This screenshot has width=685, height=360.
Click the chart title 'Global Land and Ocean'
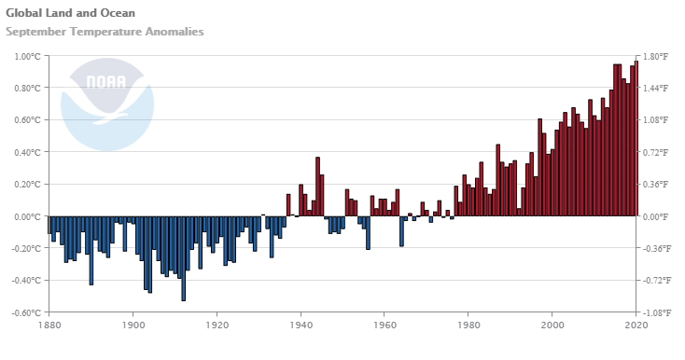tap(70, 13)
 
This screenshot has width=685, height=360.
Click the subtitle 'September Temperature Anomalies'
tap(105, 32)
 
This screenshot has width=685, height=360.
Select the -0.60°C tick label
tap(26, 312)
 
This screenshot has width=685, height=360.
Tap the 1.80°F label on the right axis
tap(655, 56)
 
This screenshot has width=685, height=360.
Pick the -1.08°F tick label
tap(656, 312)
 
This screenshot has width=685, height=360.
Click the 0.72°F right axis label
tap(655, 152)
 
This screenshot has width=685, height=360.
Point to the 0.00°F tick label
tap(655, 216)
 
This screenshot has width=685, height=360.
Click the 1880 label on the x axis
tap(49, 326)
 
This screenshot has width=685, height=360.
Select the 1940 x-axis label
tap(301, 326)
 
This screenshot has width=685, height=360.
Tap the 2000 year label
tap(552, 326)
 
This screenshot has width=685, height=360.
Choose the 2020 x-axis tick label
tap(636, 326)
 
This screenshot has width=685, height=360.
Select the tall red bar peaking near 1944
tap(317, 187)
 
